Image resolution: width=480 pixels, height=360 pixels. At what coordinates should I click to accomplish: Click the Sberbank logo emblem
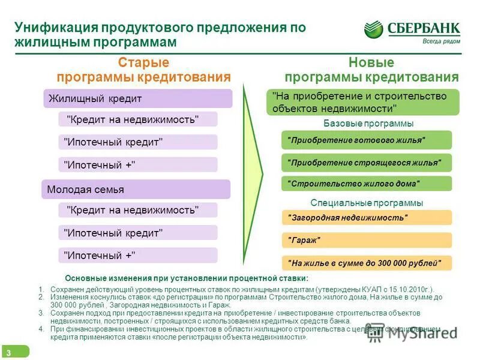(x=373, y=29)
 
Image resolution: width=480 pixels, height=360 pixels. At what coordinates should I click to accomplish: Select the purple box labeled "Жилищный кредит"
(x=137, y=98)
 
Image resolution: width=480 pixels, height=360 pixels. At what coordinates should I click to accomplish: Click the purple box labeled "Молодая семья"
(x=136, y=190)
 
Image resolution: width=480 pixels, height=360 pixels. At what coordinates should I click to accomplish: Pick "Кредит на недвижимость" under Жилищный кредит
(x=138, y=119)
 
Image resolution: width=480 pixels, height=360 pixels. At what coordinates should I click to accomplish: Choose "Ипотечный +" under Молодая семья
(x=138, y=255)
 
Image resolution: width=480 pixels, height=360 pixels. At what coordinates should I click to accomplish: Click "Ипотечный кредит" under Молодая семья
(x=138, y=232)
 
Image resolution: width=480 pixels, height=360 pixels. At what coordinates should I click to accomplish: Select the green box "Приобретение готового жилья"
(x=366, y=140)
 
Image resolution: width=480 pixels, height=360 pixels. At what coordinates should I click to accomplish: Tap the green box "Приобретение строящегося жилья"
(x=366, y=162)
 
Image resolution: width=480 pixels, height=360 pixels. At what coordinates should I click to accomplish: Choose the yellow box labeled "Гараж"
(x=366, y=240)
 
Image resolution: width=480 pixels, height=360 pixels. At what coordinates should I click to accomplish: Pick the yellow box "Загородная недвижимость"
(x=366, y=217)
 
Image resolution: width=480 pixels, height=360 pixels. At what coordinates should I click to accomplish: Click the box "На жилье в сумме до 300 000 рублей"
(x=366, y=263)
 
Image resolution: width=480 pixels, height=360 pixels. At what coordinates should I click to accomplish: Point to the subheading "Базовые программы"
(x=368, y=124)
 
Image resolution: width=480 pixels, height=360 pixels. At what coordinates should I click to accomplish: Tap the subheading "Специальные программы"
(x=367, y=203)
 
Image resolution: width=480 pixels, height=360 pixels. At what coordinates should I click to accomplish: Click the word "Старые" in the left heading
(x=143, y=63)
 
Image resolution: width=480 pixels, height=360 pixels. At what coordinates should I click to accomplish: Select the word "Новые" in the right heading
(x=371, y=63)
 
